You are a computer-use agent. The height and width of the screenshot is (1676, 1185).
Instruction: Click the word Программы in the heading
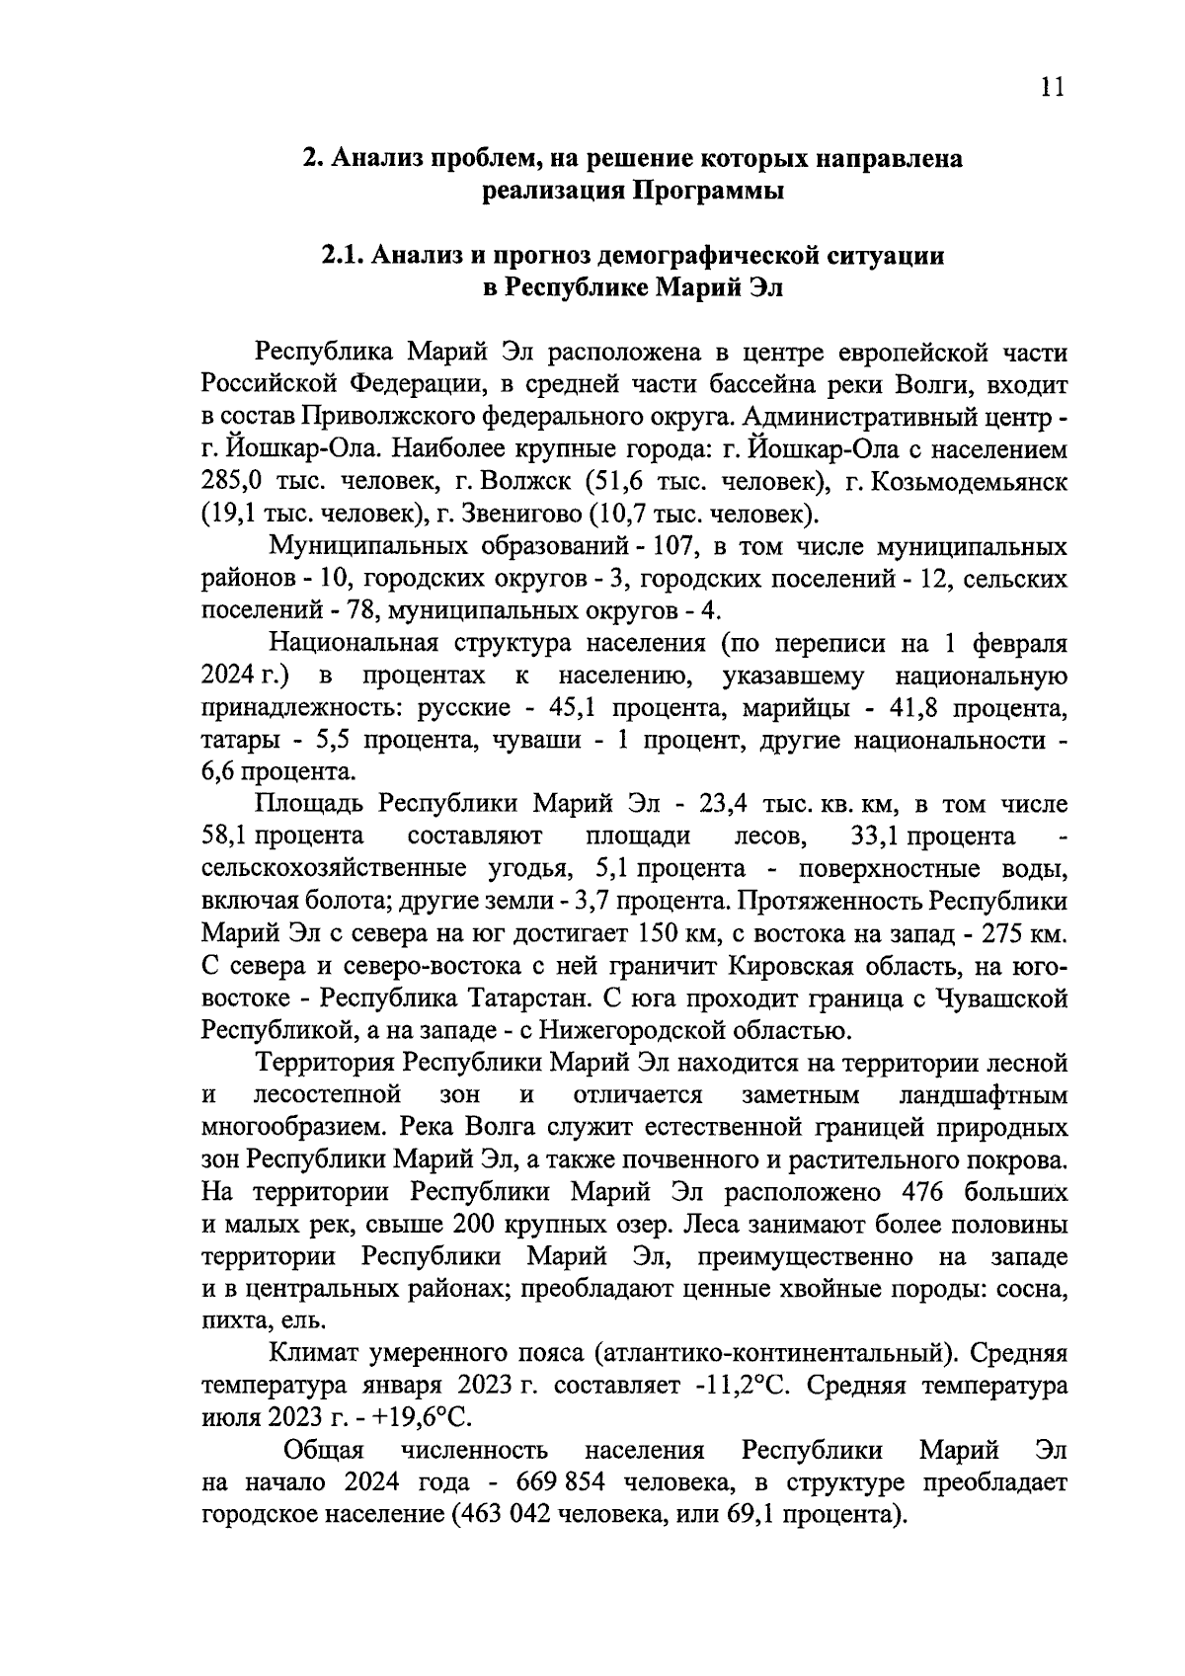click(707, 191)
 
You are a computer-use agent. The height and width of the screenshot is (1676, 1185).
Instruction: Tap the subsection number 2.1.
click(343, 256)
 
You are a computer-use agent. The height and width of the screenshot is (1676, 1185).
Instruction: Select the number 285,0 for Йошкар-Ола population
click(229, 482)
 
